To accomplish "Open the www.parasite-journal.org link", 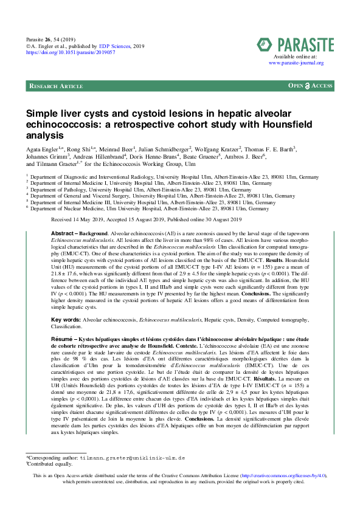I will click(x=296, y=63).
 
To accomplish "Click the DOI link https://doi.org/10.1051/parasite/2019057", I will click(x=68, y=53).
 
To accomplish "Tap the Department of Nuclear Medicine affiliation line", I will click(x=149, y=208).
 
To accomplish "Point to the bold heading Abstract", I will click(x=62, y=234).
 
